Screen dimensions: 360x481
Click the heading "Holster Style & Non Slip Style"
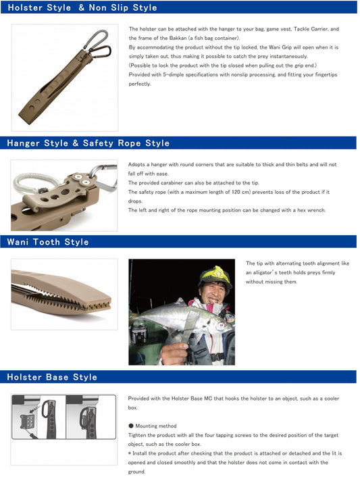click(82, 7)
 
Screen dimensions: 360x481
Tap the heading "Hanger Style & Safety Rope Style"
click(88, 143)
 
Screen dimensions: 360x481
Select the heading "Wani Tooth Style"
click(48, 242)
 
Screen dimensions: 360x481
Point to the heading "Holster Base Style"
click(52, 377)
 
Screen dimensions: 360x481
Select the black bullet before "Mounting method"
click(131, 426)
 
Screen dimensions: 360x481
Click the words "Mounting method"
click(156, 426)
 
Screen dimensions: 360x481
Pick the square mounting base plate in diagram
click(27, 422)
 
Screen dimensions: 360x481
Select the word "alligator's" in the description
click(264, 272)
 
